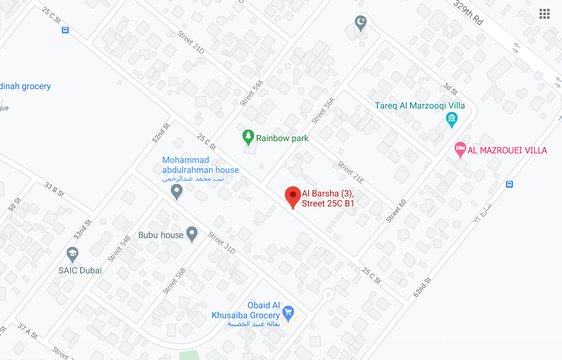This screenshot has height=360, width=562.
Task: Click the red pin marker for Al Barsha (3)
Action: pos(293,196)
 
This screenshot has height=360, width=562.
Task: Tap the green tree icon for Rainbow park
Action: pos(247,135)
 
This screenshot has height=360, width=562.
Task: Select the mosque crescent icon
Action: pos(360,22)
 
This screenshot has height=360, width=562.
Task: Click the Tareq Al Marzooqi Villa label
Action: pos(420,106)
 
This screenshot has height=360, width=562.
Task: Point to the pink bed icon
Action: pos(460,149)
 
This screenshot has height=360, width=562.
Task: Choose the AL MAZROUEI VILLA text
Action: pos(508,150)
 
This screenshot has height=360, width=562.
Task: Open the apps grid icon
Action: pos(544,14)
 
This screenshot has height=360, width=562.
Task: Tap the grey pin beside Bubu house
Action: pos(192,234)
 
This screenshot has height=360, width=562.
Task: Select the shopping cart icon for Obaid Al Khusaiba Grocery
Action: pos(288,312)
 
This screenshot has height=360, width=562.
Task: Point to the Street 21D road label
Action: pos(191,42)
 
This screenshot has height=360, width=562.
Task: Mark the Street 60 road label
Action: pos(396,211)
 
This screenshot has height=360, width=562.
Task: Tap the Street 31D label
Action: pos(222,243)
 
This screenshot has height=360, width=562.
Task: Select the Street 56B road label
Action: pos(174,281)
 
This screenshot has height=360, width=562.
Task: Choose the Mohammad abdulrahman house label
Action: pos(200,165)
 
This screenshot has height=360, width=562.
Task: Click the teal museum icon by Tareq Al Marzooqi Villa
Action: pos(452,119)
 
